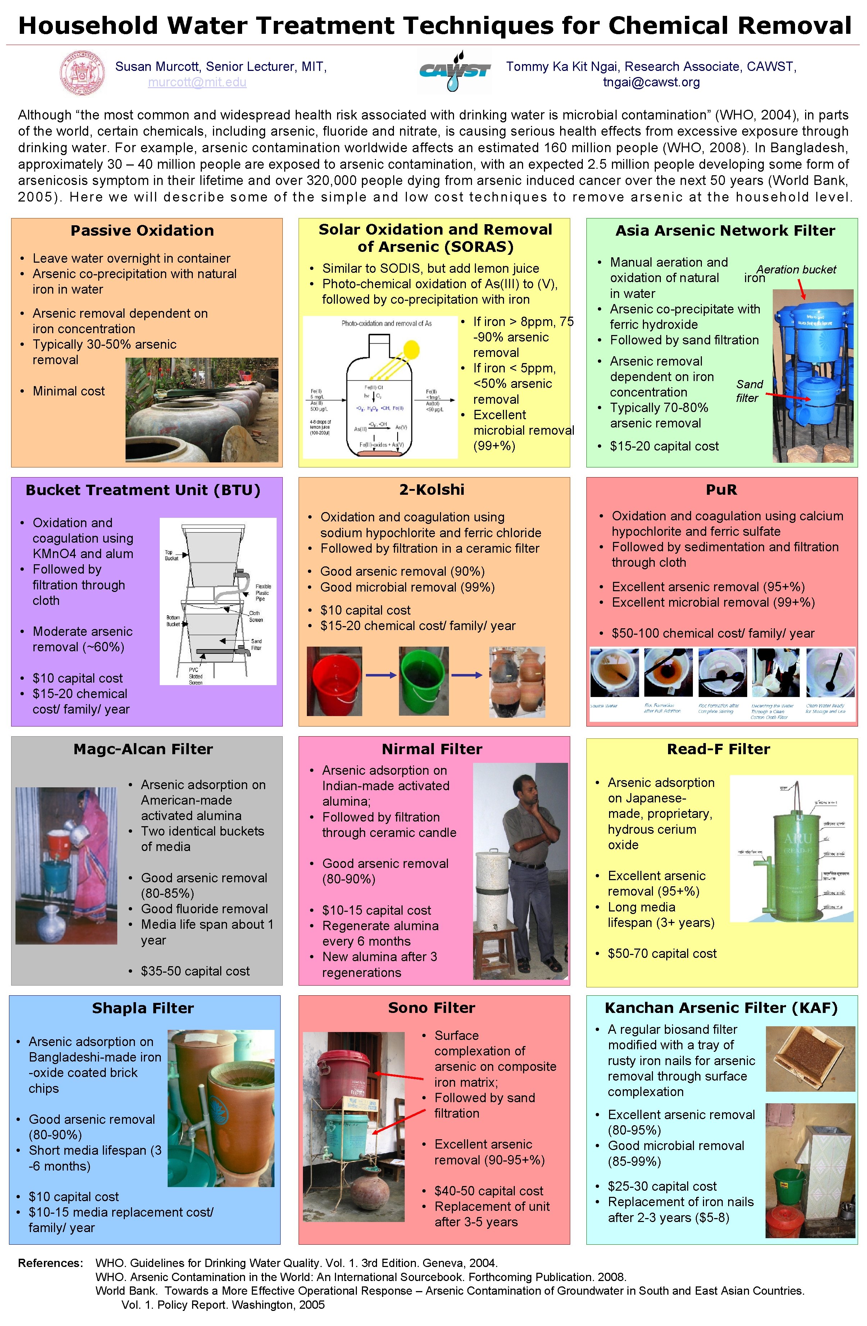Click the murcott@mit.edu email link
197,82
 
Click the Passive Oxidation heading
142,231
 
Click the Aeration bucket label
796,270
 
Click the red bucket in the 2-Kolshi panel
334,681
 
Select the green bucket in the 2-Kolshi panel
423,681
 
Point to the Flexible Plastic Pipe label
263,592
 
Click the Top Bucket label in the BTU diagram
172,555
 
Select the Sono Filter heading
432,1008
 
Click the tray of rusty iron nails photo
810,1059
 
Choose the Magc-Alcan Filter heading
143,749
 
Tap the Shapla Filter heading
143,1008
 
